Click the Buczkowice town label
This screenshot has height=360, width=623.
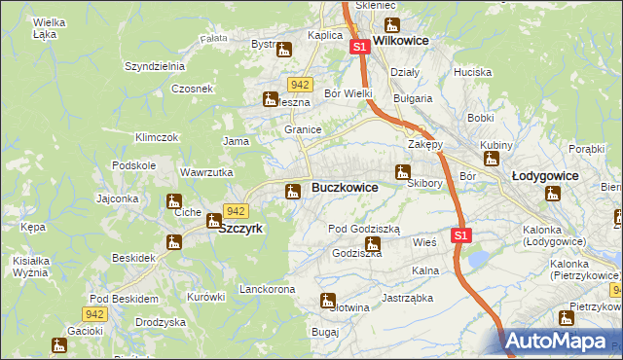click(x=345, y=187)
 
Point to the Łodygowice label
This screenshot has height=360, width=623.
click(x=545, y=176)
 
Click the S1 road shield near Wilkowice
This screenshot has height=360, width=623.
click(x=359, y=47)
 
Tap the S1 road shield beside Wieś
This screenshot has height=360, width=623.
click(x=461, y=235)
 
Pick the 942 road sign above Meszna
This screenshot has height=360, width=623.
click(x=300, y=85)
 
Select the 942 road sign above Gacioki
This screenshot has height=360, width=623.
click(x=93, y=313)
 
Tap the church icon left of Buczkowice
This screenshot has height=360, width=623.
click(x=291, y=192)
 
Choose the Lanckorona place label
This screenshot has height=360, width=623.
click(x=267, y=290)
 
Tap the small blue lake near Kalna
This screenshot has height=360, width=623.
click(x=478, y=258)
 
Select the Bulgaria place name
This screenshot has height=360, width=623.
click(x=412, y=98)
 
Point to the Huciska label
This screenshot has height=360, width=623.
click(x=472, y=72)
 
